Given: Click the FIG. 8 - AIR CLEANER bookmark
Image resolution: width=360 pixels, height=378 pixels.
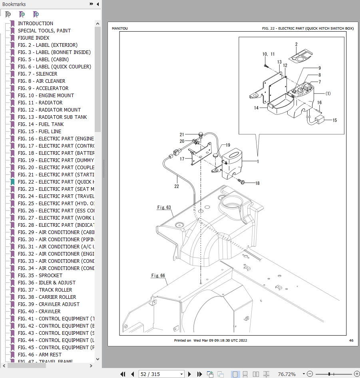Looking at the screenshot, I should [42, 81].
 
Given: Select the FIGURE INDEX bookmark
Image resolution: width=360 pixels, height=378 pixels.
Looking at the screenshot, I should [34, 38].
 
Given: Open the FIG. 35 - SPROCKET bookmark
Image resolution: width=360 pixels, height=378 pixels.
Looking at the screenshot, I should [40, 275].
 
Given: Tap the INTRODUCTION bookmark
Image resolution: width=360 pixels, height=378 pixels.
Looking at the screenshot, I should [35, 23].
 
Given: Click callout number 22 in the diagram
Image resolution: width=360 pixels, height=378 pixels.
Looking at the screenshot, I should [177, 186].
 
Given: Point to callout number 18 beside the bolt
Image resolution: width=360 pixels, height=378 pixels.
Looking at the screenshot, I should [257, 183].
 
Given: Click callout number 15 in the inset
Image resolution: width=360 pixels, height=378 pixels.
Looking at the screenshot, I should [334, 120].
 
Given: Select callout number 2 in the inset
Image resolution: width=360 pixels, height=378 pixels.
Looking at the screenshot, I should [296, 44].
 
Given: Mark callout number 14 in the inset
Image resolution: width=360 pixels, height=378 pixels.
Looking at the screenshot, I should [256, 108].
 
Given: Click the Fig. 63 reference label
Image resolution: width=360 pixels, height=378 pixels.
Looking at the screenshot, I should [164, 207].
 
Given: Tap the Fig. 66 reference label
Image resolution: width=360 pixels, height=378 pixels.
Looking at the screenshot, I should [158, 276].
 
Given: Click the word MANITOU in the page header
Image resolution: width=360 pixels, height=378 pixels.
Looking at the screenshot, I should [120, 29].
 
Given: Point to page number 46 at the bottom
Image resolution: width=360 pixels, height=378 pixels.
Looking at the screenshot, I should [351, 340].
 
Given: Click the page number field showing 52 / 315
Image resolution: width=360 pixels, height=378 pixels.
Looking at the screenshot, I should [161, 374].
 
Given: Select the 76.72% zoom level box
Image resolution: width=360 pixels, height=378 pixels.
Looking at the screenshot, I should [287, 374].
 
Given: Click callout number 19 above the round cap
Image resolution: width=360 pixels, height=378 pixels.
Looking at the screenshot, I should [228, 145].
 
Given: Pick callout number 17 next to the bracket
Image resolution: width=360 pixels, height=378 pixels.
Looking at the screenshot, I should [182, 159].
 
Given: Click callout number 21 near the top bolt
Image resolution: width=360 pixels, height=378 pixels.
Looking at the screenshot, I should [182, 134].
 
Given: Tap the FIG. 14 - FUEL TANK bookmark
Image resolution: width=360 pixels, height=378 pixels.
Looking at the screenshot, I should [41, 124].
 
